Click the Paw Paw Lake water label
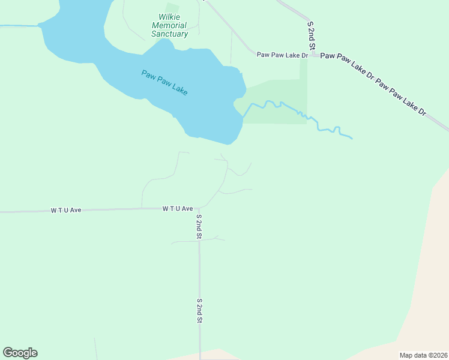pos(164,83)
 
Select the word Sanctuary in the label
pos(169,34)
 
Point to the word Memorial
pos(169,26)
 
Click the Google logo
pos(20,353)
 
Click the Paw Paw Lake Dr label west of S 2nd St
pos(282,55)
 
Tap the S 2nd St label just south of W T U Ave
pos(199,227)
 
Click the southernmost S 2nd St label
pos(199,311)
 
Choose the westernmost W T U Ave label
pos(65,211)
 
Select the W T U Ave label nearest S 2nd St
pos(177,209)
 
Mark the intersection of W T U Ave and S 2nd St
pos(199,208)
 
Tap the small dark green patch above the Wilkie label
pos(172,7)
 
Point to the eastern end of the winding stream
pos(351,139)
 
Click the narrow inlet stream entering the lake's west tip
pos(18,26)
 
